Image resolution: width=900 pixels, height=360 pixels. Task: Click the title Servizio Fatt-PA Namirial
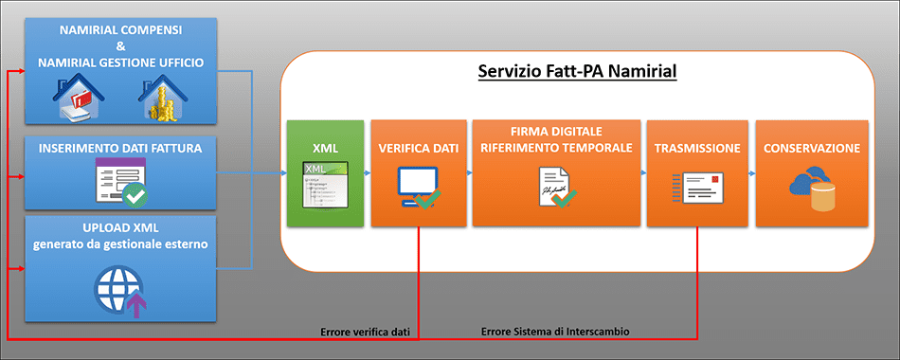(577, 72)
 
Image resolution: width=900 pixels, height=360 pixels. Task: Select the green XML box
(324, 172)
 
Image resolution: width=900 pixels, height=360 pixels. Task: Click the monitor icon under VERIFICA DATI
(416, 186)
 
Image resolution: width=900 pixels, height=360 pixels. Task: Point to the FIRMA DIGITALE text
(554, 131)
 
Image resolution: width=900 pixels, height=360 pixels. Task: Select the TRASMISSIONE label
(697, 149)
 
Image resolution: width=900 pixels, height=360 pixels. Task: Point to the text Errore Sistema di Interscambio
(555, 332)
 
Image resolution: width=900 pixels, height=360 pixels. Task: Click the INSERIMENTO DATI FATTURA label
(120, 148)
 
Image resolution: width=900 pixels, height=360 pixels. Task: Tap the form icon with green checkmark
(119, 183)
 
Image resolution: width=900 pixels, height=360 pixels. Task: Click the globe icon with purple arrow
(119, 289)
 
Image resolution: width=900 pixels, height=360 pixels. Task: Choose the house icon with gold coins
(164, 99)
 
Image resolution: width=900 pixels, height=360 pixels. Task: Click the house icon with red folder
(79, 99)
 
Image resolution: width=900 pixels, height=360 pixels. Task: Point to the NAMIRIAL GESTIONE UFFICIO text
(120, 63)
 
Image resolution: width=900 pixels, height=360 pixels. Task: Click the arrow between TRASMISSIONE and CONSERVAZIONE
(748, 173)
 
